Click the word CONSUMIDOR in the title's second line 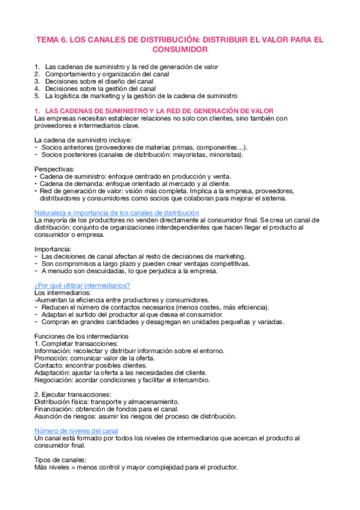coord(179,49)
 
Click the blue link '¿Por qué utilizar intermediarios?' coord(82,285)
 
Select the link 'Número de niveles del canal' coord(76,431)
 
